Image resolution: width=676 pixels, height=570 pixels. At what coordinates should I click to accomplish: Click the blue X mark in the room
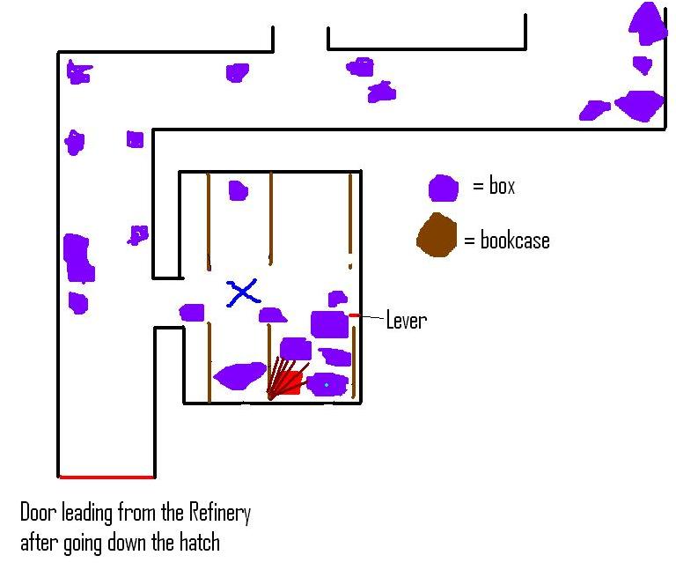point(242,292)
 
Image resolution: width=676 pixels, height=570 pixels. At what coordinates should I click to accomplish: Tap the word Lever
point(407,320)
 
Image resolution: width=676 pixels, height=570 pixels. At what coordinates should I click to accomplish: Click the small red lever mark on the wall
point(354,315)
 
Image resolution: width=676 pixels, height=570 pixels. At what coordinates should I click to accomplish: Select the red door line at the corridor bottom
point(107,477)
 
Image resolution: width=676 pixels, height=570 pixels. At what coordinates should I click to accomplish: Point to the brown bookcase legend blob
point(437,236)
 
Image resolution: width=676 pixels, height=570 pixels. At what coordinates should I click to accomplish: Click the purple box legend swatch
point(443,188)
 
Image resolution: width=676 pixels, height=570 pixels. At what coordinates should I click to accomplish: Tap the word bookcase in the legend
point(515,240)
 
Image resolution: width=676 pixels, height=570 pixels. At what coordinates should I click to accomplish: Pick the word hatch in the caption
point(198,542)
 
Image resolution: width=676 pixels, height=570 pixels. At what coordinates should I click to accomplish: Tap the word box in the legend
point(502,187)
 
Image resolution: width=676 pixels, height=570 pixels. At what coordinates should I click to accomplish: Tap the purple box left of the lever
point(328,324)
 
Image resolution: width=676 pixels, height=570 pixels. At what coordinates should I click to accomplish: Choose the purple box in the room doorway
point(192,312)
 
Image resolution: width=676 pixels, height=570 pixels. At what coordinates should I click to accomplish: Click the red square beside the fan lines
point(293,381)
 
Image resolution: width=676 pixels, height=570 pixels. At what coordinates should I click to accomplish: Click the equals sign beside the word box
point(478,187)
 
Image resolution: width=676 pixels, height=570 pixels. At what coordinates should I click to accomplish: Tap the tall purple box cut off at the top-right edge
point(649,24)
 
